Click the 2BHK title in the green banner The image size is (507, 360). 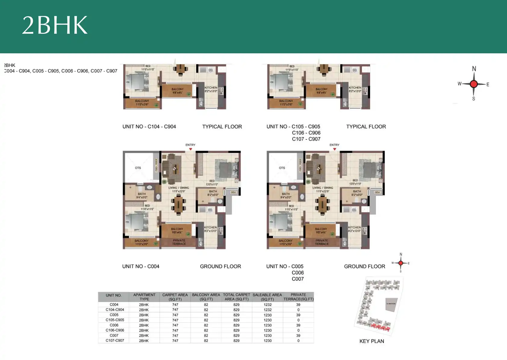pos(55,25)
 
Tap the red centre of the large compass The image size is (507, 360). pos(474,84)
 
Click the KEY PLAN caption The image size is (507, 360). pos(372,341)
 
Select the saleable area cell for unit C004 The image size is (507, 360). pos(267,305)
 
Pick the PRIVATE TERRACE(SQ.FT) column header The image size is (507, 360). pos(298,297)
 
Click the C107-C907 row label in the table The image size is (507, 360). pos(115,340)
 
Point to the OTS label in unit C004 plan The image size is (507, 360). pos(138,168)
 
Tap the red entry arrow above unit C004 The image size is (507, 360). pos(191,149)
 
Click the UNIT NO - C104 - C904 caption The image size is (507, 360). pos(149,127)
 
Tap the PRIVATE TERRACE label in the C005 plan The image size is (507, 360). pos(322,242)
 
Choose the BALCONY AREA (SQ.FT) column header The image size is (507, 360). pos(206,297)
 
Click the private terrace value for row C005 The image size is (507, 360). pos(298,315)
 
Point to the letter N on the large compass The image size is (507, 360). pos(474,69)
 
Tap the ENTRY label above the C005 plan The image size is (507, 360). pos(334,145)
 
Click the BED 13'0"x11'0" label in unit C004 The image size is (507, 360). pos(212,183)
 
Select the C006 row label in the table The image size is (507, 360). pos(114,325)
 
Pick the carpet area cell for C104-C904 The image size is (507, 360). pos(175,310)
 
